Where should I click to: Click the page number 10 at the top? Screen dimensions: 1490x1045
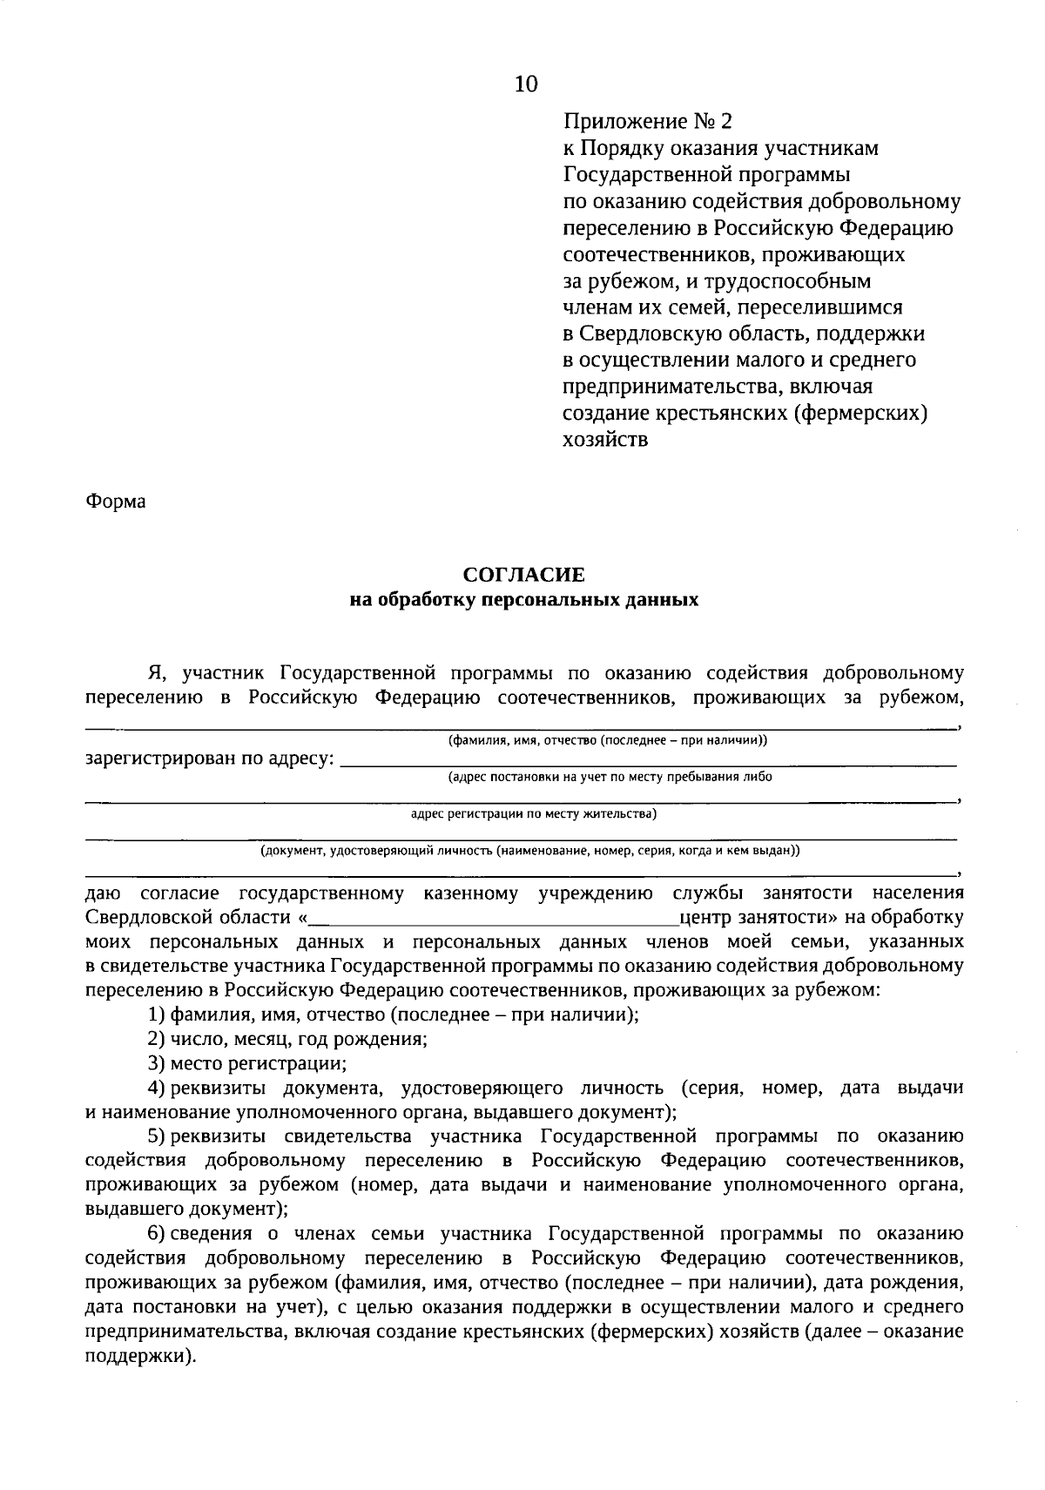tap(527, 84)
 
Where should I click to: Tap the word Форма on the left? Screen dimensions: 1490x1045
tap(116, 502)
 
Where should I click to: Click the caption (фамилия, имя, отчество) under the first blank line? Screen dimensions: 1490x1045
tap(607, 740)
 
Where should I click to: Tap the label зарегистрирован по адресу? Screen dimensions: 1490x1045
tap(209, 758)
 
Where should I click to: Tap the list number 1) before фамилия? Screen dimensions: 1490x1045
tap(156, 1015)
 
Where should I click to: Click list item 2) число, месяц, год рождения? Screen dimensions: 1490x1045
tap(287, 1039)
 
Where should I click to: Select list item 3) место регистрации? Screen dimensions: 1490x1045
tap(247, 1063)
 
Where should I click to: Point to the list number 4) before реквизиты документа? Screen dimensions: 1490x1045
tap(156, 1088)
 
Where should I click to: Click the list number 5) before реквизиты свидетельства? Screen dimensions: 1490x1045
tap(156, 1136)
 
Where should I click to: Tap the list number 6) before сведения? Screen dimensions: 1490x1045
tap(156, 1233)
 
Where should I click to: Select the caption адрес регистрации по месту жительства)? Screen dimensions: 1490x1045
tap(533, 814)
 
